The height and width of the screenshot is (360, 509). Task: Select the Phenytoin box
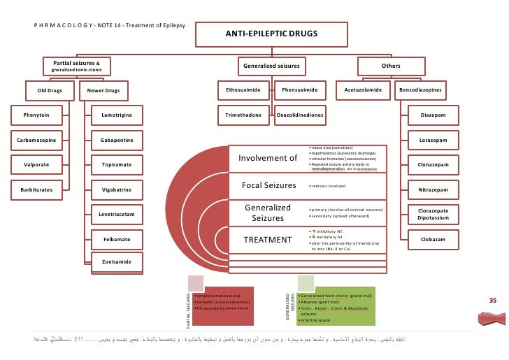pos(35,114)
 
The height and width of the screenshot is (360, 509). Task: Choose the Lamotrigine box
pos(117,114)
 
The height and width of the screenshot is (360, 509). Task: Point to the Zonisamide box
pos(117,262)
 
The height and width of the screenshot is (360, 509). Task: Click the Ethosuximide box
pos(243,90)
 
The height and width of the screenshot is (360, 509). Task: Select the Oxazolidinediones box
pos(300,114)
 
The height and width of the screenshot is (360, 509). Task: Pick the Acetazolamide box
pos(361,90)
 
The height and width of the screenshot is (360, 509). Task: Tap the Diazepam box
pos(433,114)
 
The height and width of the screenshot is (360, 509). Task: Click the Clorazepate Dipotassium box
pos(433,213)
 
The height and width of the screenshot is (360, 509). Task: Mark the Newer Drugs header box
pos(103,90)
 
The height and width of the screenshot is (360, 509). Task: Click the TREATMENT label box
pos(267,240)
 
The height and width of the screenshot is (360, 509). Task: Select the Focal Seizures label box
pos(267,185)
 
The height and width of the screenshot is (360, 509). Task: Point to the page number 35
pos(492,300)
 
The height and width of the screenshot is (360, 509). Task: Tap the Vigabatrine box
pos(117,189)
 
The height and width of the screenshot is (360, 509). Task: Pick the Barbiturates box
pos(35,189)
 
